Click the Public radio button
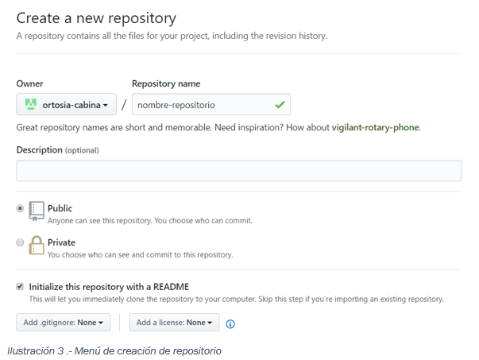pyautogui.click(x=20, y=208)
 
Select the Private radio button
pyautogui.click(x=20, y=242)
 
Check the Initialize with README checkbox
pyautogui.click(x=20, y=286)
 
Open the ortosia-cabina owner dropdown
pyautogui.click(x=66, y=105)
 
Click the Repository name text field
pyautogui.click(x=211, y=105)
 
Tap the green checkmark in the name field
pyautogui.click(x=280, y=105)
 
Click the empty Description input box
pyautogui.click(x=239, y=171)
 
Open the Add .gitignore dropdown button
pyautogui.click(x=64, y=323)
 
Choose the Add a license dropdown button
pyautogui.click(x=174, y=323)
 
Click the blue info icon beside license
pyautogui.click(x=230, y=324)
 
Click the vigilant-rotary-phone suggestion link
pyautogui.click(x=376, y=127)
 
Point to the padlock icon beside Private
pyautogui.click(x=37, y=245)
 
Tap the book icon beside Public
pyautogui.click(x=37, y=211)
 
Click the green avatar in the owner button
pyautogui.click(x=31, y=104)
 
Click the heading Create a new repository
pyautogui.click(x=96, y=18)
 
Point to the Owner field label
pyautogui.click(x=29, y=83)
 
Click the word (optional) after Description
pyautogui.click(x=82, y=150)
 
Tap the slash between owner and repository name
pyautogui.click(x=124, y=105)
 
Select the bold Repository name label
pyautogui.click(x=166, y=83)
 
